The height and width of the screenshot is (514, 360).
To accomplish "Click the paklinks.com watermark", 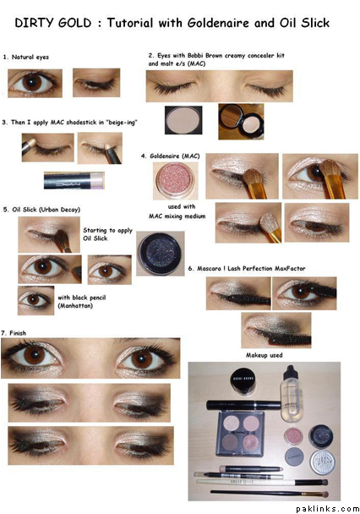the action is [x=327, y=509].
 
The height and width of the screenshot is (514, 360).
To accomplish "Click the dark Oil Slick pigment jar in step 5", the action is [x=161, y=254].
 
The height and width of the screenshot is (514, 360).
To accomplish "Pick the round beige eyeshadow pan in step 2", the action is [x=183, y=120].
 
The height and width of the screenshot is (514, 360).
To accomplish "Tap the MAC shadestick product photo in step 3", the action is [x=74, y=181].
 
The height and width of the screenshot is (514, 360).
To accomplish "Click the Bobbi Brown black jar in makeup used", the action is [x=244, y=381].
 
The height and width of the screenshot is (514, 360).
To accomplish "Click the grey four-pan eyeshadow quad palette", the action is [x=240, y=434].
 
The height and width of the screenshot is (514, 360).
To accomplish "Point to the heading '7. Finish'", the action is [x=14, y=333].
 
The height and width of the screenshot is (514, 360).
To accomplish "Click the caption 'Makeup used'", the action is [x=264, y=355].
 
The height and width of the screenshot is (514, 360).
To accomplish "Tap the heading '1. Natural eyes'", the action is [x=26, y=57].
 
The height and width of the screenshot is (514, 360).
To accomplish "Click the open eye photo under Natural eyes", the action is [x=35, y=83].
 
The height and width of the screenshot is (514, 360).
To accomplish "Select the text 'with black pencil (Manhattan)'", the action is [x=82, y=302].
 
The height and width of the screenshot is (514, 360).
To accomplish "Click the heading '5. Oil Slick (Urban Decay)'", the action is [x=41, y=210].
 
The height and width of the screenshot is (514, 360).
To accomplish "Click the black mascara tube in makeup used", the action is [x=243, y=406].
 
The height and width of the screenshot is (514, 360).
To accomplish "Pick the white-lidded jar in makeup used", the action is [x=323, y=462].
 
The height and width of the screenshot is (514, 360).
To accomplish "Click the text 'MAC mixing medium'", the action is [x=177, y=216].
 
